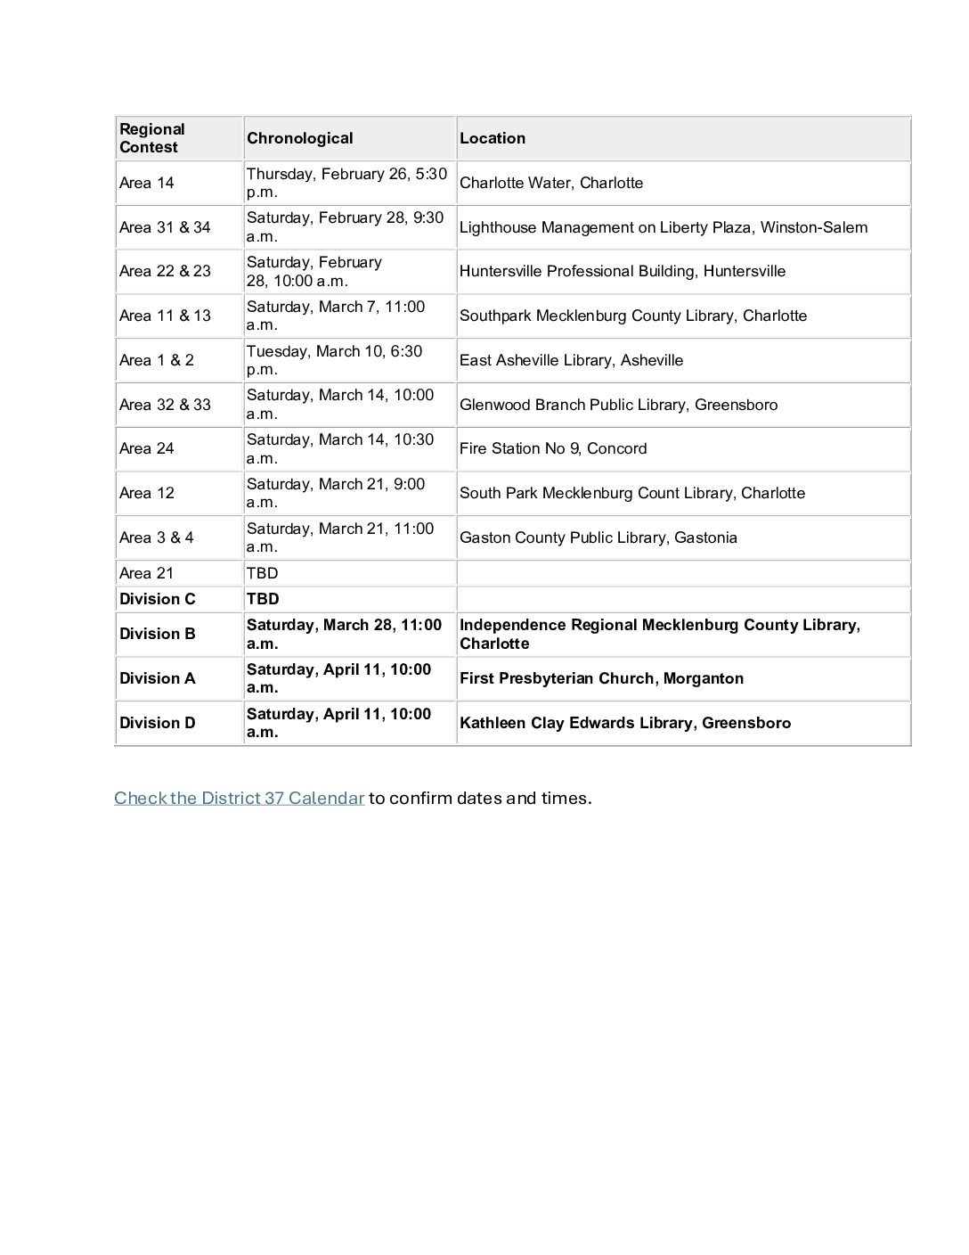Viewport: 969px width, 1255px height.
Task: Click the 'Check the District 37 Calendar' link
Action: pos(239,798)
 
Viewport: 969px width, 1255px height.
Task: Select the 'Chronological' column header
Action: pos(299,138)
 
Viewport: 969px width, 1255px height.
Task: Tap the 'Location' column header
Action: pos(493,138)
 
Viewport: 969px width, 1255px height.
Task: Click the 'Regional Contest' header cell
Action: pos(152,138)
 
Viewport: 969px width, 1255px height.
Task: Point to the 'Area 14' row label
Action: pos(147,183)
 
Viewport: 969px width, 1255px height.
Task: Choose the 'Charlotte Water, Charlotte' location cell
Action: pos(551,183)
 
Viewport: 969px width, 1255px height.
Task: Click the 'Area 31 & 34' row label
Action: pos(165,227)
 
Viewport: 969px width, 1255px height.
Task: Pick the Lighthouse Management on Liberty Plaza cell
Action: pos(664,227)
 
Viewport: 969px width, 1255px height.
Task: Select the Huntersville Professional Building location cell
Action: pos(623,271)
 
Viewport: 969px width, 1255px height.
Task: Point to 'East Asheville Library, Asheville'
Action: pos(572,360)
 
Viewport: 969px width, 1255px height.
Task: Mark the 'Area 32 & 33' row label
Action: pos(165,405)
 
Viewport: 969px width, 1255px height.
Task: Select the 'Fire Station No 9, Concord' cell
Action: pos(553,448)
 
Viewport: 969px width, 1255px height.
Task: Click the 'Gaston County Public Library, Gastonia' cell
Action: pos(598,537)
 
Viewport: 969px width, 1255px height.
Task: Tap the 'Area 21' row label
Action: pos(147,573)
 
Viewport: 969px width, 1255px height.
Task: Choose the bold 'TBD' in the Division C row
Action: pos(263,599)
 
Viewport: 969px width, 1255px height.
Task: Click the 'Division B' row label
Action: pos(158,634)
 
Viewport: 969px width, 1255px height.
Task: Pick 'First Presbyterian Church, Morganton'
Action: pos(602,678)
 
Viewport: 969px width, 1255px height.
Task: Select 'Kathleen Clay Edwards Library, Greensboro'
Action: pos(625,723)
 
